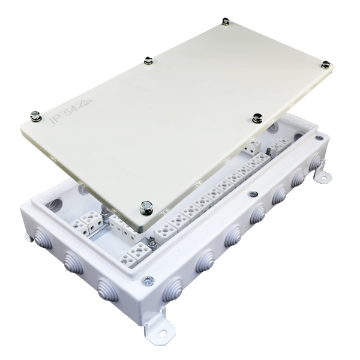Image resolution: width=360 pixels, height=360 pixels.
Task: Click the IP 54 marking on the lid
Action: pos(64,115)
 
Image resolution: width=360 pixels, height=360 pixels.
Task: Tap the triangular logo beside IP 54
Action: pos(85,104)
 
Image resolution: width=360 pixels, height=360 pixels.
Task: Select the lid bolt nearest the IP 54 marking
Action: pos(36,116)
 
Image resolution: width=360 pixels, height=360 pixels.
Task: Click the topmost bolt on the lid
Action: pos(226,22)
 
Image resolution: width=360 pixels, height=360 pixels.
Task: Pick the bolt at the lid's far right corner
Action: pos(326,65)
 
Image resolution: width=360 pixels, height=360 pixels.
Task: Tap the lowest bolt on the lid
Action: pos(146,208)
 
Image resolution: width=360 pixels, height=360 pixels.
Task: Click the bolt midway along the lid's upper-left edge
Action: pos(149,61)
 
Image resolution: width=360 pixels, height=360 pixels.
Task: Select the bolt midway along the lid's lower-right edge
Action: pos(257,118)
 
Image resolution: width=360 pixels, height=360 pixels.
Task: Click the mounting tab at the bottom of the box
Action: pos(159,327)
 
